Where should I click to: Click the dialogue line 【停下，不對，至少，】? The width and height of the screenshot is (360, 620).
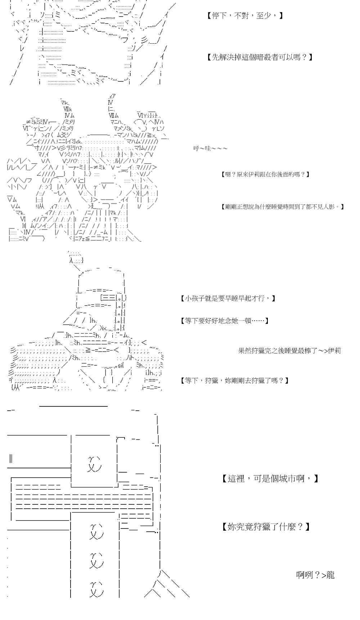click(x=245, y=16)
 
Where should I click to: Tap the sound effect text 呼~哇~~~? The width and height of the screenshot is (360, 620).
click(x=210, y=148)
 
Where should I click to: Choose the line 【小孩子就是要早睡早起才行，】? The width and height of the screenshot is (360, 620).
click(x=228, y=298)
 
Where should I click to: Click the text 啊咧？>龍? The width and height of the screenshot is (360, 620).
click(x=315, y=575)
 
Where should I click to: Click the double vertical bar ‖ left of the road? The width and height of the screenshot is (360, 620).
click(x=11, y=459)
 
